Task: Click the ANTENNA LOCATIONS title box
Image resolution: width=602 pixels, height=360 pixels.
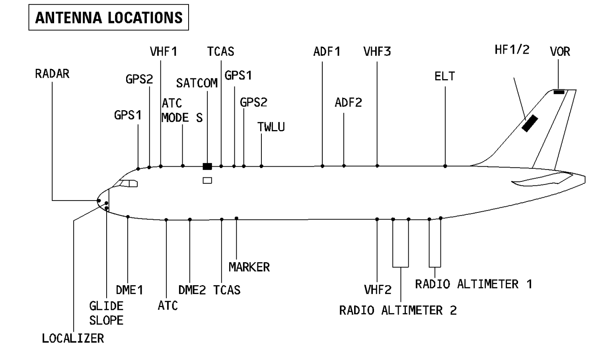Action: pyautogui.click(x=108, y=18)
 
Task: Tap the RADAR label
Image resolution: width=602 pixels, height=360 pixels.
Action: pyautogui.click(x=52, y=74)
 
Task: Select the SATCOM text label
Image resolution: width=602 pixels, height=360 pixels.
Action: pyautogui.click(x=197, y=83)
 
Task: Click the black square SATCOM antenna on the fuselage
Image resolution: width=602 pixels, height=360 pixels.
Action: pyautogui.click(x=207, y=166)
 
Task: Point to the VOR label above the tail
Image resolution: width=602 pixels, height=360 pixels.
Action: pyautogui.click(x=560, y=52)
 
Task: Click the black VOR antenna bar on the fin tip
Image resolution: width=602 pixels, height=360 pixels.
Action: pyautogui.click(x=559, y=92)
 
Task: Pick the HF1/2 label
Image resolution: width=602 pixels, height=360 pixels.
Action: pyautogui.click(x=512, y=50)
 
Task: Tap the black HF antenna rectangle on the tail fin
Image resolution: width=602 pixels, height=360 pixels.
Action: pyautogui.click(x=530, y=123)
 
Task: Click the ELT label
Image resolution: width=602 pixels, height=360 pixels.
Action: pyautogui.click(x=444, y=76)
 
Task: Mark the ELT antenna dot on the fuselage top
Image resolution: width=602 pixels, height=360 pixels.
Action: pyautogui.click(x=445, y=166)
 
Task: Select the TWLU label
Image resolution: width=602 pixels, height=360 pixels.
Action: pyautogui.click(x=271, y=127)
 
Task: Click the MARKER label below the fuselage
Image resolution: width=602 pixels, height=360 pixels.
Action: pyautogui.click(x=249, y=267)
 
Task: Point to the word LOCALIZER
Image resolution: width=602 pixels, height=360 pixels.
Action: pyautogui.click(x=73, y=339)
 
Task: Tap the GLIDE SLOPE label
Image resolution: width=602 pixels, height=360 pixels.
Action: pyautogui.click(x=106, y=313)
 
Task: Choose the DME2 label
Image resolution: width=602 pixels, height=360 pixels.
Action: pyautogui.click(x=192, y=290)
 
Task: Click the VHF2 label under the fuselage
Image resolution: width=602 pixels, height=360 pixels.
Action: pyautogui.click(x=378, y=290)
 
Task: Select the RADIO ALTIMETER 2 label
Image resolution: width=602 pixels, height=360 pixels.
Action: pyautogui.click(x=398, y=310)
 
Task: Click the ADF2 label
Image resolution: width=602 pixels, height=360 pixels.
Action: pyautogui.click(x=348, y=103)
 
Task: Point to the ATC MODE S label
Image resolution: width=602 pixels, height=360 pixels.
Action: pyautogui.click(x=182, y=110)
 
